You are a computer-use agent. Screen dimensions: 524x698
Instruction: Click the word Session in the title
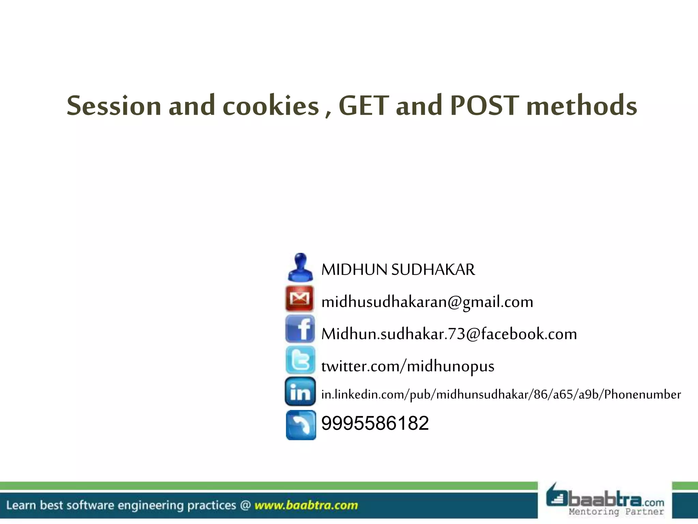click(114, 106)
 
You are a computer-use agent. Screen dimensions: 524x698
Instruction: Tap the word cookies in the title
click(271, 106)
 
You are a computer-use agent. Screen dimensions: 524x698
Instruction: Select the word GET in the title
click(364, 106)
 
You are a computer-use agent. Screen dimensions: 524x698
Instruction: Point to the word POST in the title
click(484, 106)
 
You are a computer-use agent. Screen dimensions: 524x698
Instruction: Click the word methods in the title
click(582, 106)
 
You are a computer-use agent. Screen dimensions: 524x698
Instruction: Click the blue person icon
click(300, 267)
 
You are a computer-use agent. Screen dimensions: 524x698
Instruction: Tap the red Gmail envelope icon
click(300, 299)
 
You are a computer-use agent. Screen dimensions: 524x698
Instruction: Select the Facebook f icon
click(300, 329)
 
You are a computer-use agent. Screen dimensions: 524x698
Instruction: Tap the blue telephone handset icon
click(301, 425)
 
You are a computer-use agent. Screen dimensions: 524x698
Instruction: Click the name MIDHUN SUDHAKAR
click(398, 270)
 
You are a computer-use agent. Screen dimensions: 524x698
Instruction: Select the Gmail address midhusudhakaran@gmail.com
click(427, 302)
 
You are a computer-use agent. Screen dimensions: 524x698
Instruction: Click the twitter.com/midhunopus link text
click(408, 366)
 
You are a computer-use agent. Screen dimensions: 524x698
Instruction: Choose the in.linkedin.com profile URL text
click(501, 395)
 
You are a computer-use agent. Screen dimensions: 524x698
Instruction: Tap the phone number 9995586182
click(375, 423)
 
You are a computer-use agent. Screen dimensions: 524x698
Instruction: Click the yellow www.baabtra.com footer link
click(306, 505)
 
